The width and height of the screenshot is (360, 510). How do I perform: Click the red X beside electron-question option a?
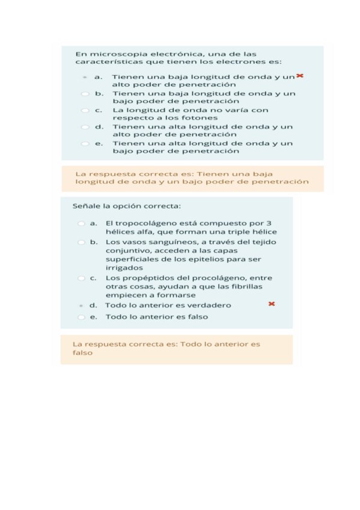pos(299,76)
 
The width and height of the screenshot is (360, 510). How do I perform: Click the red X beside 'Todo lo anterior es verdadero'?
pos(272,304)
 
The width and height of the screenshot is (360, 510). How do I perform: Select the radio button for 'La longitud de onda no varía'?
pos(85,111)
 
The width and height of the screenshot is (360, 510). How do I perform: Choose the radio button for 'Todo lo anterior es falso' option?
pos(81,317)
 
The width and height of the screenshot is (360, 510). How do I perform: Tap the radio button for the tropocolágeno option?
pos(81,223)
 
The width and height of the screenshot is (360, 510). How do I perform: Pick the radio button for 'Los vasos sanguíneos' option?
pos(81,242)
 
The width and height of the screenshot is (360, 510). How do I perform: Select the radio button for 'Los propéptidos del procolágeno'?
pos(81,278)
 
